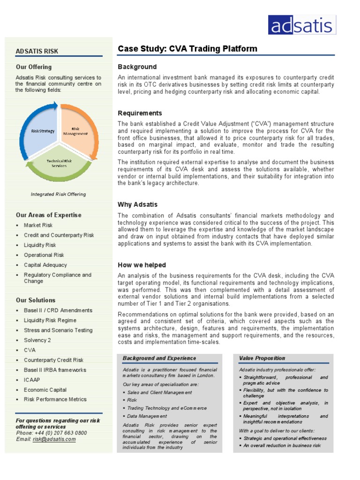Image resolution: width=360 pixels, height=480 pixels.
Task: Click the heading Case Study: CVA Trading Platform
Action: pyautogui.click(x=187, y=49)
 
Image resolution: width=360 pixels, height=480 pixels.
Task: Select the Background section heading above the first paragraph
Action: pyautogui.click(x=137, y=67)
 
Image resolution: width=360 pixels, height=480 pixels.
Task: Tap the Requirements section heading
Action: pyautogui.click(x=140, y=113)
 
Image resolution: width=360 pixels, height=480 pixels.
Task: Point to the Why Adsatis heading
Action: pyautogui.click(x=137, y=204)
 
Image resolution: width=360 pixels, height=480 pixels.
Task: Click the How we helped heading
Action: pyautogui.click(x=142, y=265)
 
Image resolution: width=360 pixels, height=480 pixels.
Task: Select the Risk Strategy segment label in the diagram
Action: pyautogui.click(x=43, y=132)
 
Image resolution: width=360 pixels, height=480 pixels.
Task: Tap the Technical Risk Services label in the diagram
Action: pyautogui.click(x=59, y=163)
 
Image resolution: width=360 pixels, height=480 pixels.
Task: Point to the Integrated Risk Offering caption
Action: pyautogui.click(x=58, y=194)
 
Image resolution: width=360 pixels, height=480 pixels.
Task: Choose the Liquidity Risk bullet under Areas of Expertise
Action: pyautogui.click(x=40, y=245)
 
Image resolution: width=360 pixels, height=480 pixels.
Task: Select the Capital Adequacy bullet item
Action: pyautogui.click(x=45, y=265)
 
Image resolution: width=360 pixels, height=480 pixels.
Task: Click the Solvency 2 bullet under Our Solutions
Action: pyautogui.click(x=37, y=340)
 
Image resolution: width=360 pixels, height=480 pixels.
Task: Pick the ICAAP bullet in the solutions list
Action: pyautogui.click(x=32, y=380)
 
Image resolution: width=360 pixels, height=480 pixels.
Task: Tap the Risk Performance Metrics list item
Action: pyautogui.click(x=55, y=399)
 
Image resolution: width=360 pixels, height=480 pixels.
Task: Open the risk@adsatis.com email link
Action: pyautogui.click(x=54, y=439)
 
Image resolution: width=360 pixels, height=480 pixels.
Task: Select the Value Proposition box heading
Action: pyautogui.click(x=262, y=358)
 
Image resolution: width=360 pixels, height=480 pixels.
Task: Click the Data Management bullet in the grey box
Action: pyautogui.click(x=147, y=416)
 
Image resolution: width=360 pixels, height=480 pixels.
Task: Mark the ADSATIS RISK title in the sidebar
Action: pyautogui.click(x=37, y=51)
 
